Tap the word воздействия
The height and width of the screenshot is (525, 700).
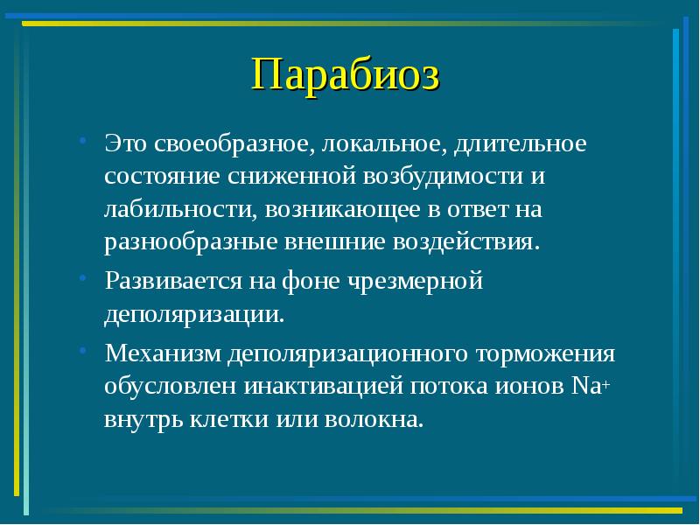tap(473, 241)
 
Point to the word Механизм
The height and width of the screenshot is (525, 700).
tap(164, 354)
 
